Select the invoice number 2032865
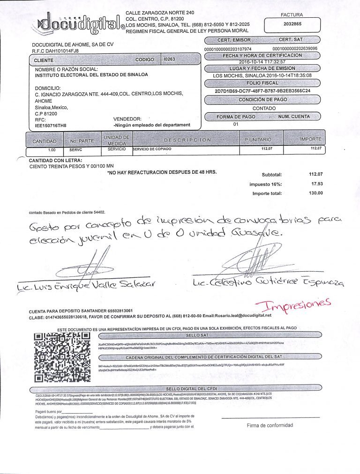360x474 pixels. click(292, 23)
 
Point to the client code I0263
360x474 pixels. click(167, 59)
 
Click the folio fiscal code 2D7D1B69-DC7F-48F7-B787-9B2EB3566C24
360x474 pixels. click(262, 91)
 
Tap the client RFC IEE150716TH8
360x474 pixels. click(51, 126)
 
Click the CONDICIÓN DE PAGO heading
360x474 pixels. click(262, 99)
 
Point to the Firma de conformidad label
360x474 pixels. click(270, 425)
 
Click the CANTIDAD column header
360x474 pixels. click(45, 141)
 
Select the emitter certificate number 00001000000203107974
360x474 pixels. click(228, 49)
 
